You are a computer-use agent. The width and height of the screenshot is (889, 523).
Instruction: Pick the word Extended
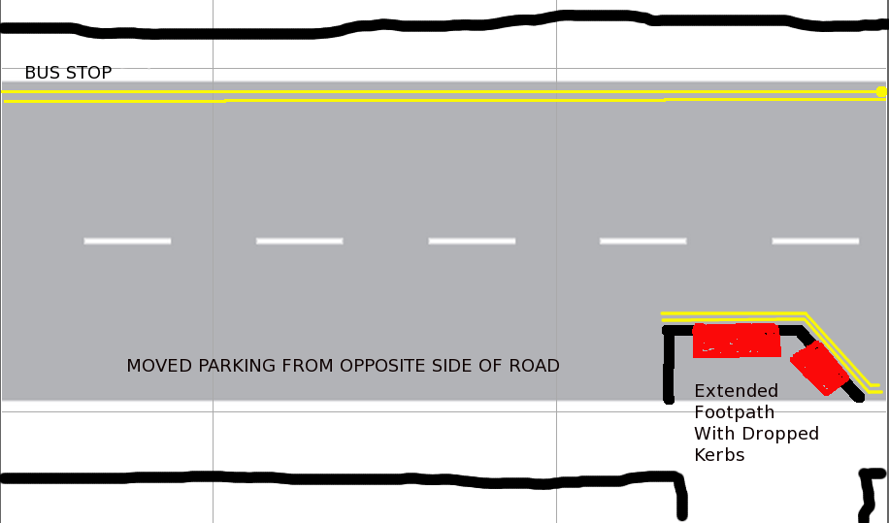[x=736, y=391]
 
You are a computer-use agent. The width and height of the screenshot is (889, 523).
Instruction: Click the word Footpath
[x=735, y=412]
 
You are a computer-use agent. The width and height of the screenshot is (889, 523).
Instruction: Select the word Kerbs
[x=719, y=455]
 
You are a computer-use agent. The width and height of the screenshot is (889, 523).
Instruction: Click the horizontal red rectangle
[x=737, y=341]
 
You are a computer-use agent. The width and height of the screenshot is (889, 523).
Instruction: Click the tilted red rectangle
[x=819, y=368]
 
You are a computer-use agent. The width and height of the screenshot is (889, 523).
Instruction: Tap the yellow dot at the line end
[x=881, y=92]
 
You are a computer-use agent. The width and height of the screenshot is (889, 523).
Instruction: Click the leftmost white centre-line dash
[x=127, y=242]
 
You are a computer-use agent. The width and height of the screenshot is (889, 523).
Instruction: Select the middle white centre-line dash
[x=472, y=242]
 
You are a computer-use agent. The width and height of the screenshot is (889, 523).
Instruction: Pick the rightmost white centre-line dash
[x=815, y=242]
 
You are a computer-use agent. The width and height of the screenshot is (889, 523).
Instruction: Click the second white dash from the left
[x=299, y=242]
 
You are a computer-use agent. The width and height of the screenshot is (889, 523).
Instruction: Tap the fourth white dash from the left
[x=642, y=242]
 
